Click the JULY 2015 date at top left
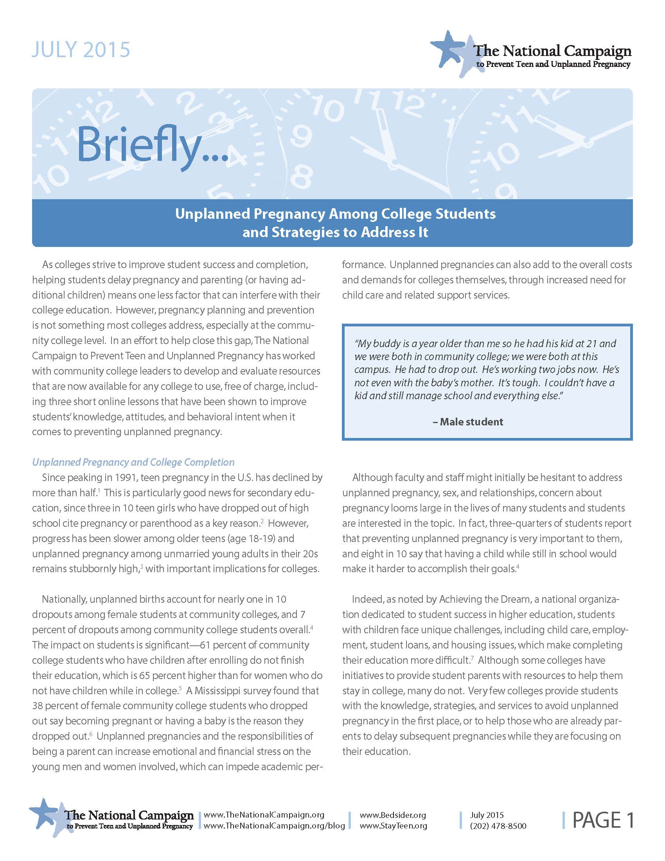80,50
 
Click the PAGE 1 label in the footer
603,820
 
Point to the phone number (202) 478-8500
498,826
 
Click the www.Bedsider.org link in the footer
393,815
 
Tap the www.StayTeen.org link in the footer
393,825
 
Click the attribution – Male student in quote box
467,422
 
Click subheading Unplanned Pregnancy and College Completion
133,462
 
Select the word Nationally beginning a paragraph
64,599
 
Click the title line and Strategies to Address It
335,232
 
